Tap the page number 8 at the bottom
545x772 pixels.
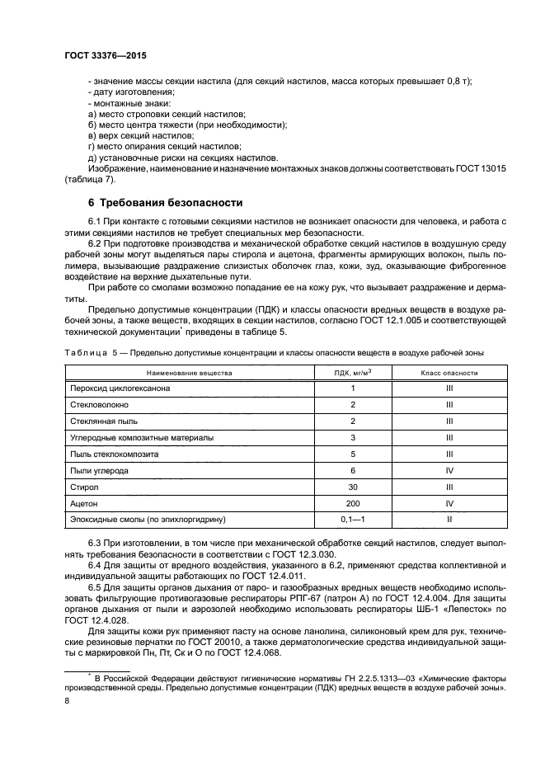point(68,701)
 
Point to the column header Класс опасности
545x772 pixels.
point(449,372)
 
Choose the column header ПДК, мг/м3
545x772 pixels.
point(353,372)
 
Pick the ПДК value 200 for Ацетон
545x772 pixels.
point(353,503)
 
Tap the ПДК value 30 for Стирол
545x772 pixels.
point(353,487)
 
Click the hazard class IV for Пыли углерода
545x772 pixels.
point(449,470)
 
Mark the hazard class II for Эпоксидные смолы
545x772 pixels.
point(449,520)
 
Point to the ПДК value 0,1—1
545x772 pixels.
point(353,520)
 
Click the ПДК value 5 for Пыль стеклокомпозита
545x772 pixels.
point(353,454)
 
